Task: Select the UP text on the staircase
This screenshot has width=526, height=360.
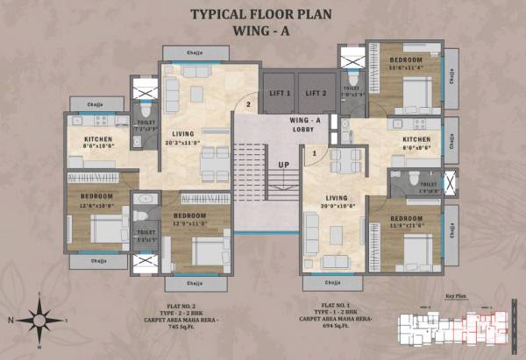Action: click(x=284, y=165)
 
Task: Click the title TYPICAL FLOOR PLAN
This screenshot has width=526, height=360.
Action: click(x=261, y=14)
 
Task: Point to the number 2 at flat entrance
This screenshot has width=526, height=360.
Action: click(x=249, y=106)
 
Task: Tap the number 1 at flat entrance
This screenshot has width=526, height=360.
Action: click(x=314, y=154)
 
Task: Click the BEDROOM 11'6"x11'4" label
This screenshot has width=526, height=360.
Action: click(x=406, y=62)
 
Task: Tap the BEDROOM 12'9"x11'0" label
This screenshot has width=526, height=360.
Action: click(x=189, y=219)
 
